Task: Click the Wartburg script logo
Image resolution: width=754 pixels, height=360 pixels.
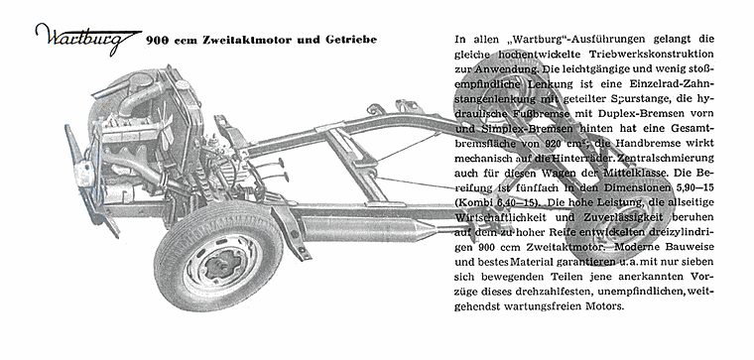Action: coord(84,38)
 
